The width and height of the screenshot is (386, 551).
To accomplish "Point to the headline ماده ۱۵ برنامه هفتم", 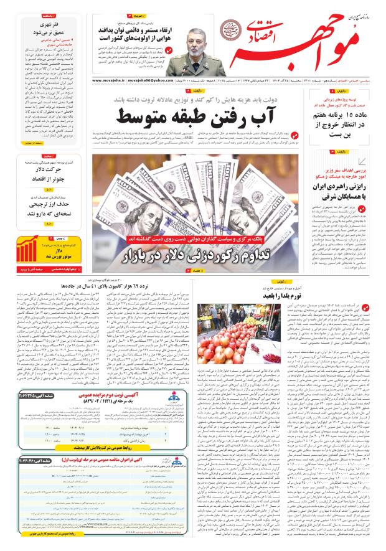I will point(343,127).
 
